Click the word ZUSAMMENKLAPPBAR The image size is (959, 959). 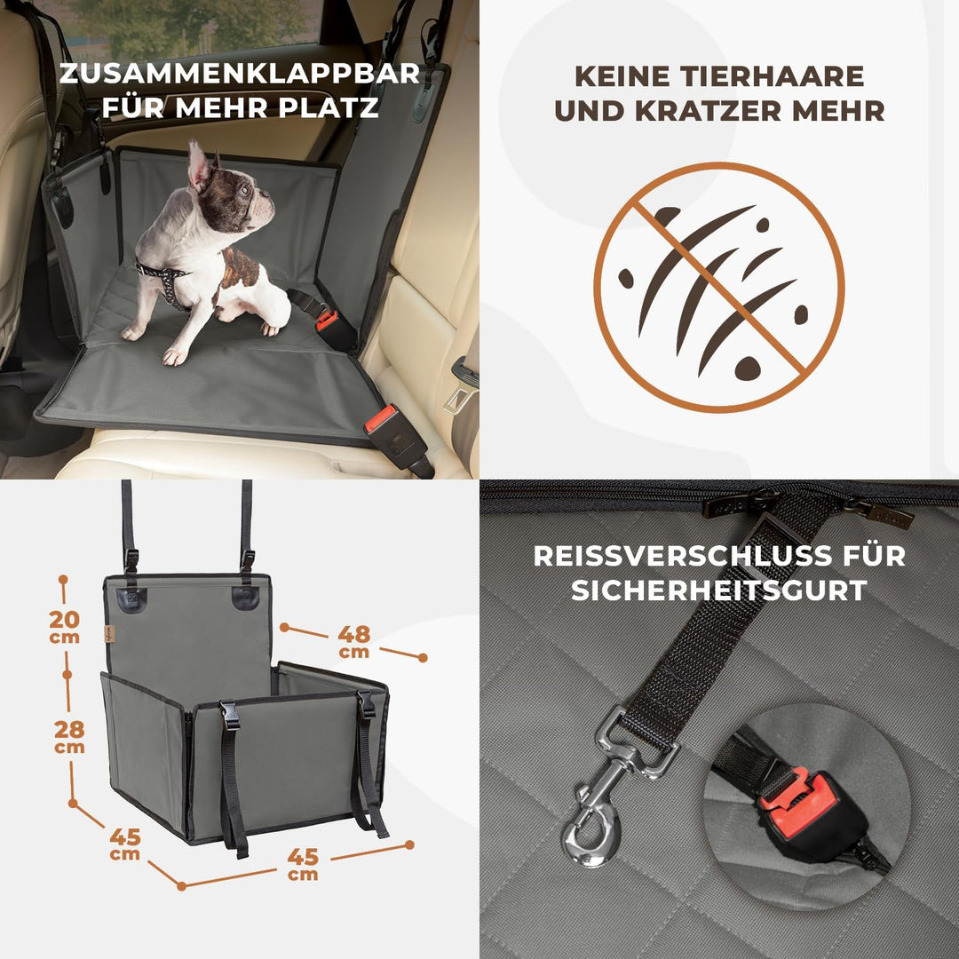(x=239, y=73)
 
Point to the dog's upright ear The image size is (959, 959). (x=197, y=163)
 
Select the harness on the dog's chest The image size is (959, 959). (x=165, y=279)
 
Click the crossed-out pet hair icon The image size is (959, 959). (x=718, y=288)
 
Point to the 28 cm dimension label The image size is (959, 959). (x=69, y=734)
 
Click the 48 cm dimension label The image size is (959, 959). (x=353, y=639)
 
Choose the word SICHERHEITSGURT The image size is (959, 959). (x=718, y=590)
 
